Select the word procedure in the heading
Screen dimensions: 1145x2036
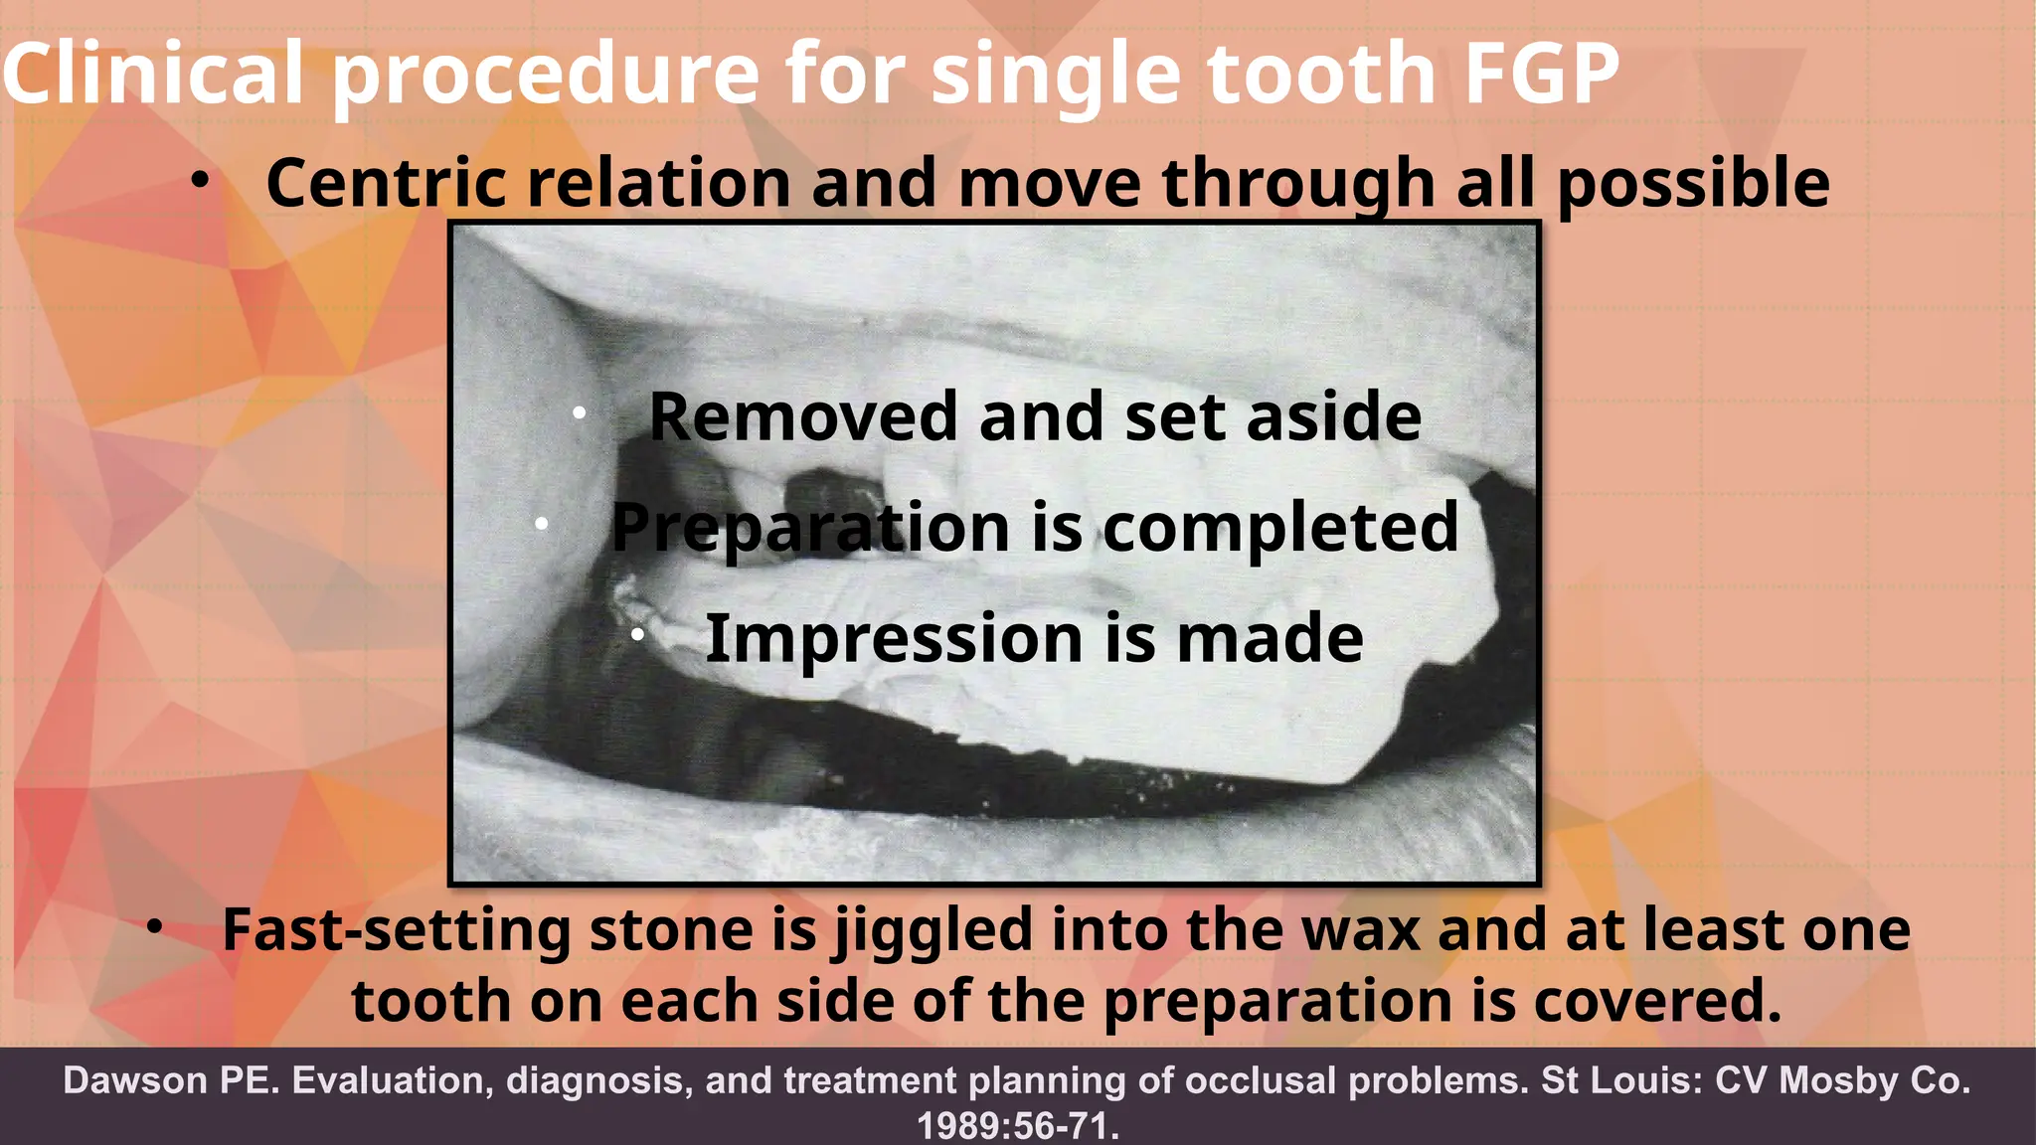tap(545, 76)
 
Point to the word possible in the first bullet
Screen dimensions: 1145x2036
tap(1692, 185)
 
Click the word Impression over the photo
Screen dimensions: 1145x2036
tap(894, 638)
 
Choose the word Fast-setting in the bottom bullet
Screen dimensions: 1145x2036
tap(396, 931)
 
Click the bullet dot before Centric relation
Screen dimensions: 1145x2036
tap(201, 181)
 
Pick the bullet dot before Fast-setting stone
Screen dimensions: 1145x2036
tap(153, 927)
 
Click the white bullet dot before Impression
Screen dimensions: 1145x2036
tap(638, 633)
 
